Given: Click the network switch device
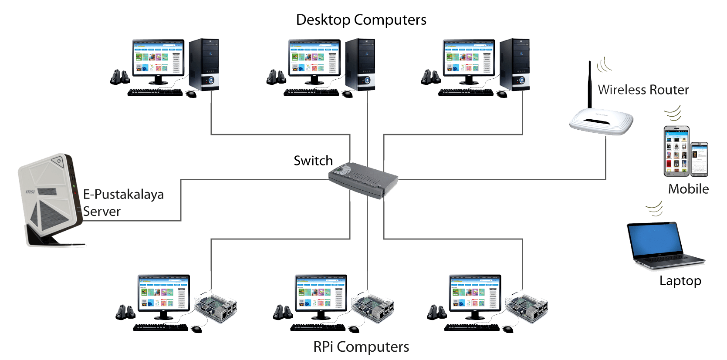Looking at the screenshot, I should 362,179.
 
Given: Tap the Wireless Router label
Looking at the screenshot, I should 643,90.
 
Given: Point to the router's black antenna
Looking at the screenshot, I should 590,85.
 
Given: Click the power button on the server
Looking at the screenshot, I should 59,161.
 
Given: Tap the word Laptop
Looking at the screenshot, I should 680,281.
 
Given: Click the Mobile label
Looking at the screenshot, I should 688,189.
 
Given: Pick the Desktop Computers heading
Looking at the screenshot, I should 361,20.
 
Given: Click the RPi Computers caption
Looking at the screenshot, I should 361,347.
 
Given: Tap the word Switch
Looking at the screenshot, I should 313,161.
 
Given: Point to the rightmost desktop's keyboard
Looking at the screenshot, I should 466,92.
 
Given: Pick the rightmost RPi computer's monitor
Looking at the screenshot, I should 475,293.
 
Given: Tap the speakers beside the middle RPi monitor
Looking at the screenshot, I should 283,312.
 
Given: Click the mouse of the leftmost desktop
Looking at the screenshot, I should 191,94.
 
